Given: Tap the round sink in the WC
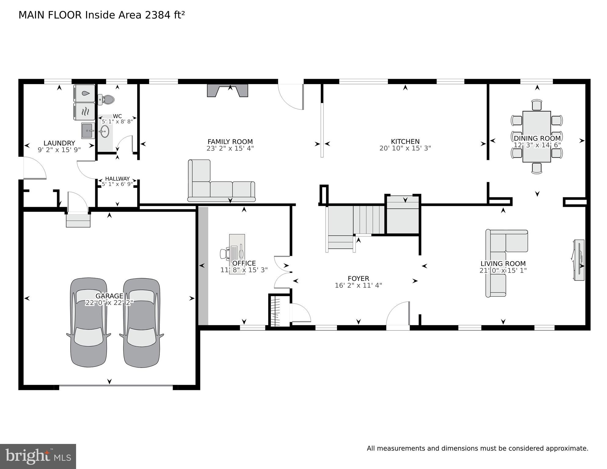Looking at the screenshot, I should click(x=104, y=132).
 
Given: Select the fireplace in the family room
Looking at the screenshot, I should click(x=227, y=90).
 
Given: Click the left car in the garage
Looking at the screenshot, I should click(x=89, y=323).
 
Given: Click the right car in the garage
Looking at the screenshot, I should click(x=141, y=323).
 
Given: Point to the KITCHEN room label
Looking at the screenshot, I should click(x=405, y=141).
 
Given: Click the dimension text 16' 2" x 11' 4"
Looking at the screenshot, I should click(x=358, y=285).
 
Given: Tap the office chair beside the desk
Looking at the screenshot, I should click(x=225, y=253).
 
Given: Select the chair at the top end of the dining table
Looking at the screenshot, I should click(x=536, y=105).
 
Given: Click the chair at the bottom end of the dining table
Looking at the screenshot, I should click(x=536, y=168).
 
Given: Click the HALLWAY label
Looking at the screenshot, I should click(x=117, y=179).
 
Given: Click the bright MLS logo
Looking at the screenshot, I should click(x=38, y=456).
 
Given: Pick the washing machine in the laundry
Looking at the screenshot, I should click(x=84, y=93).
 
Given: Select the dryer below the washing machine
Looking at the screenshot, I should click(x=84, y=111).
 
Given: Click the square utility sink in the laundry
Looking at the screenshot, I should click(x=88, y=130).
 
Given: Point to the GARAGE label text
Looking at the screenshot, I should click(x=109, y=296).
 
